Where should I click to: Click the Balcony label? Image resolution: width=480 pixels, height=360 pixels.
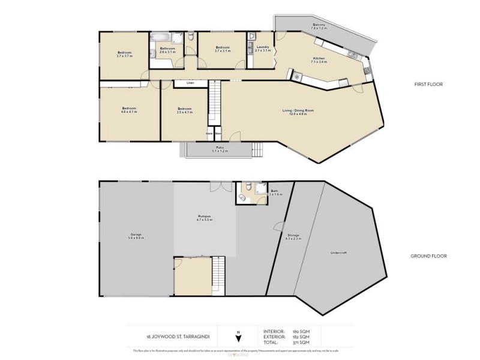pos(319,26)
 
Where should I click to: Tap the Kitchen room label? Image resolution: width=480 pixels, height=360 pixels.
pos(319,59)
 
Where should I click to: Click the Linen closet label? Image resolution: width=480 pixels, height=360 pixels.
pos(190,83)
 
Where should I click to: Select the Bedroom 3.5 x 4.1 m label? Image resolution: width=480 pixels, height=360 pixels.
pos(185,110)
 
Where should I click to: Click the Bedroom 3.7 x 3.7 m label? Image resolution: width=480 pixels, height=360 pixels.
pos(124,53)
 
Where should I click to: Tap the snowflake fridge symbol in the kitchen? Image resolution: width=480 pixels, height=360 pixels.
pos(296,76)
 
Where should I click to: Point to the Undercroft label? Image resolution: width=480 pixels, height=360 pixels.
pos(339,253)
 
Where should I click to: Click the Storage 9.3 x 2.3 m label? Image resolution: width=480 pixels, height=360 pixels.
pos(293,236)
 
